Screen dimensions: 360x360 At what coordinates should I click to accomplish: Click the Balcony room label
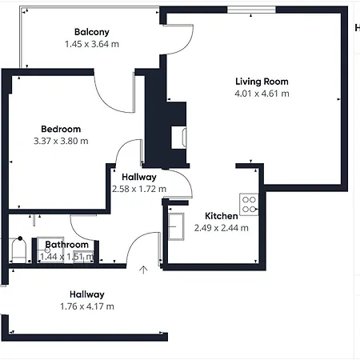pyautogui.click(x=91, y=32)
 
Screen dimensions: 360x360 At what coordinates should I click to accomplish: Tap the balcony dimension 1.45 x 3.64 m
pyautogui.click(x=91, y=44)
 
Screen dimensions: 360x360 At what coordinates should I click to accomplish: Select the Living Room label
pyautogui.click(x=262, y=82)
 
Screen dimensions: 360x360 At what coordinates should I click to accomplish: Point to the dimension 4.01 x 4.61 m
pyautogui.click(x=262, y=94)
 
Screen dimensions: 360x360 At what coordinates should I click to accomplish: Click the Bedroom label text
pyautogui.click(x=61, y=129)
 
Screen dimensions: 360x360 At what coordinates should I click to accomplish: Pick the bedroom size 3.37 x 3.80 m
pyautogui.click(x=61, y=141)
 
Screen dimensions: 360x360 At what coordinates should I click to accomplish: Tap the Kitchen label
pyautogui.click(x=221, y=216)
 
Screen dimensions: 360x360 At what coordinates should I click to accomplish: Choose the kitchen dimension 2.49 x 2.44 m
pyautogui.click(x=221, y=228)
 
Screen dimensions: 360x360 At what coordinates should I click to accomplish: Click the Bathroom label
pyautogui.click(x=66, y=245)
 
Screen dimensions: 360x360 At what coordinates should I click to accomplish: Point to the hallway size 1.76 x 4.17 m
pyautogui.click(x=86, y=306)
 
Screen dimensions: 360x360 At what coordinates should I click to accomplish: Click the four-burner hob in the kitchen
pyautogui.click(x=249, y=204)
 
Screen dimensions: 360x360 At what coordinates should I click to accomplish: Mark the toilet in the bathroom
pyautogui.click(x=19, y=251)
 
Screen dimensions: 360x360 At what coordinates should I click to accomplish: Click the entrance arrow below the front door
pyautogui.click(x=143, y=270)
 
